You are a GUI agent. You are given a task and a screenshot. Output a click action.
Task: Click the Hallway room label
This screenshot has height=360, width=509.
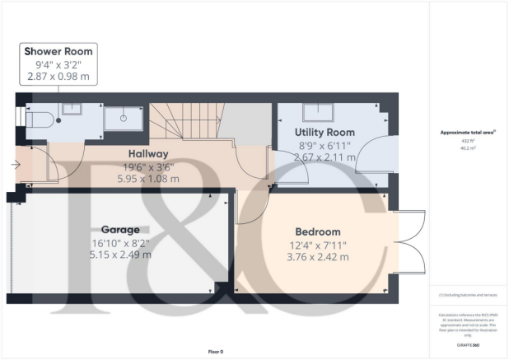tap(124, 153)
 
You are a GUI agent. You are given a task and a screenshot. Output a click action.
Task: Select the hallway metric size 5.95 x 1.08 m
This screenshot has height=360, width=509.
tap(124, 178)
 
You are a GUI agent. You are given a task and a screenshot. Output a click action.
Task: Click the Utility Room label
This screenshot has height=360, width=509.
tap(325, 132)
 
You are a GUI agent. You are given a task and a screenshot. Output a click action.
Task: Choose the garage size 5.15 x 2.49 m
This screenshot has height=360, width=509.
tap(121, 255)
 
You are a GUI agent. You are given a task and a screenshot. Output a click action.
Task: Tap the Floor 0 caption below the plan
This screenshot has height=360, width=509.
tap(215, 352)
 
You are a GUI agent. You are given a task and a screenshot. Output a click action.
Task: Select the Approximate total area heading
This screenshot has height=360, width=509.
tap(469, 132)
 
